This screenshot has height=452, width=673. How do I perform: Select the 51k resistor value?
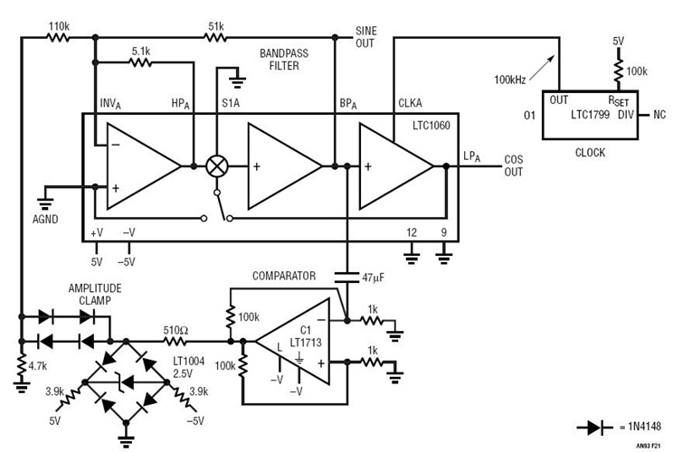pos(217,26)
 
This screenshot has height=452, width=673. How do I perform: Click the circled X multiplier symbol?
pos(217,166)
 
